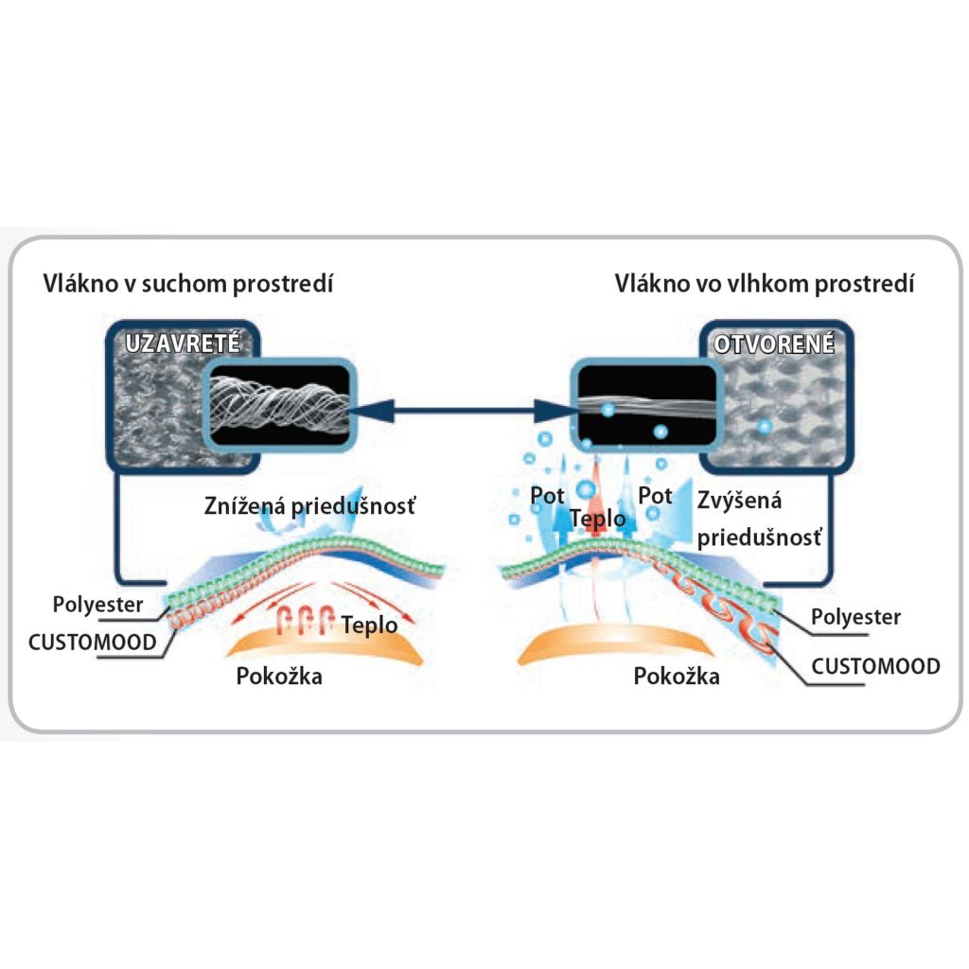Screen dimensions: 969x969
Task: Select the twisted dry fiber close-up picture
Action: pos(279,409)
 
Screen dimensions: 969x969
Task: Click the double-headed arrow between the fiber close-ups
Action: pos(461,411)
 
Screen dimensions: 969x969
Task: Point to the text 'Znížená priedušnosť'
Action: pos(309,507)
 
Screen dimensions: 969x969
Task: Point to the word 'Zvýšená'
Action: pos(739,501)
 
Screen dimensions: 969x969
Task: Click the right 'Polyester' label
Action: pos(856,617)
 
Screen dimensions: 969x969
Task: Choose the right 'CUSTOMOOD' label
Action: pos(876,666)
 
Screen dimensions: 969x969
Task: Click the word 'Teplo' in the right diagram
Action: pos(597,519)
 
